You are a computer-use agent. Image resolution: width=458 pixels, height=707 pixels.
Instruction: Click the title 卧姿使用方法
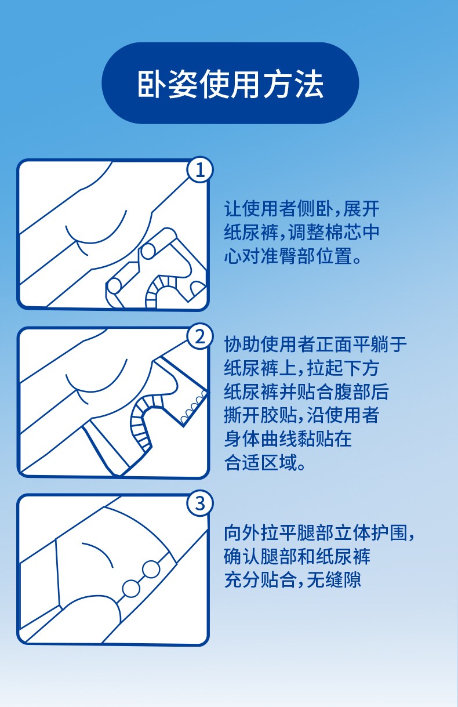[231, 84]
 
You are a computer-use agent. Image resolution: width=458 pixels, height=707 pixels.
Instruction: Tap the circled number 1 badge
[200, 170]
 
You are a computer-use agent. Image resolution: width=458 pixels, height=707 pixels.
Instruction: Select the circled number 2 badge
[200, 337]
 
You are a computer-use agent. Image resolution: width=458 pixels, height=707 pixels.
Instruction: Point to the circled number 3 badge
[200, 503]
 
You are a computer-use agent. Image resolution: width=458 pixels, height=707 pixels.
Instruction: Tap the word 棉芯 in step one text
[343, 233]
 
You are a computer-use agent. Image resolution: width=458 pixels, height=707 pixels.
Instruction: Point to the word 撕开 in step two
[242, 415]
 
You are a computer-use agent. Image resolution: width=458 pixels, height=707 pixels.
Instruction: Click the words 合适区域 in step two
[260, 462]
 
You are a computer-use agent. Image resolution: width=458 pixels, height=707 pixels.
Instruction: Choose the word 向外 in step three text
[242, 533]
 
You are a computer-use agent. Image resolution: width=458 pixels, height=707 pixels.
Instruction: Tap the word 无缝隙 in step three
[334, 580]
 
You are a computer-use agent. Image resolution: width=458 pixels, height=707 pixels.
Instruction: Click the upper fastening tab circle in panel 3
[151, 570]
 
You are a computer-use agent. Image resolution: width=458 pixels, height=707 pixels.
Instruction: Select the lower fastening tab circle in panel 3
[131, 589]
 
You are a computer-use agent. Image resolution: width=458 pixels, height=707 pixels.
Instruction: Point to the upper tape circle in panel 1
[148, 252]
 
